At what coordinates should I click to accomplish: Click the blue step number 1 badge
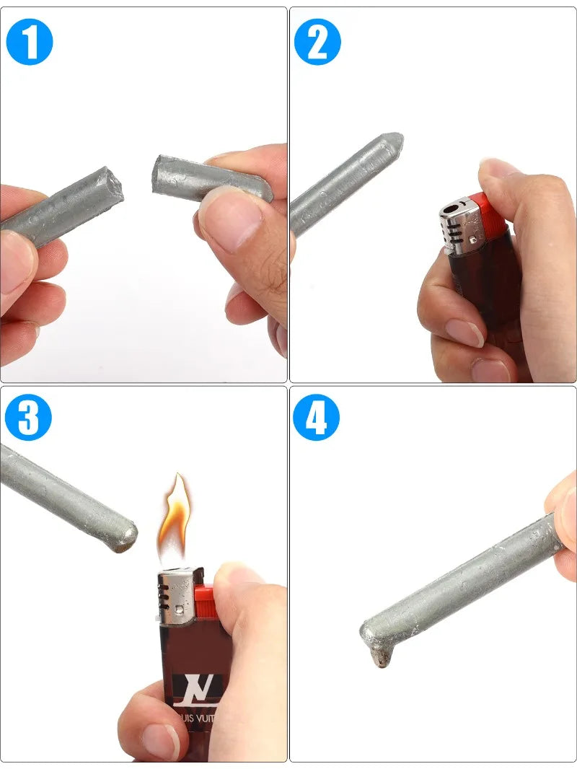(30, 42)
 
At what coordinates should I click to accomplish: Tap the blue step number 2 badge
(317, 42)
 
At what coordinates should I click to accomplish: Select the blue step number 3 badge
(28, 417)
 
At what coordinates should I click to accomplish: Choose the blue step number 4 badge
(316, 417)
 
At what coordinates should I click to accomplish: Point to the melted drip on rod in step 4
(379, 655)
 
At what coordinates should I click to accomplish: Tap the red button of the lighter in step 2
(485, 216)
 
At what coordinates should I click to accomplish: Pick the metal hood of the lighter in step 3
(175, 595)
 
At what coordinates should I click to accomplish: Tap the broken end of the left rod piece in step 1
(112, 184)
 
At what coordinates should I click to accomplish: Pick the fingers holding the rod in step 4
(563, 519)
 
